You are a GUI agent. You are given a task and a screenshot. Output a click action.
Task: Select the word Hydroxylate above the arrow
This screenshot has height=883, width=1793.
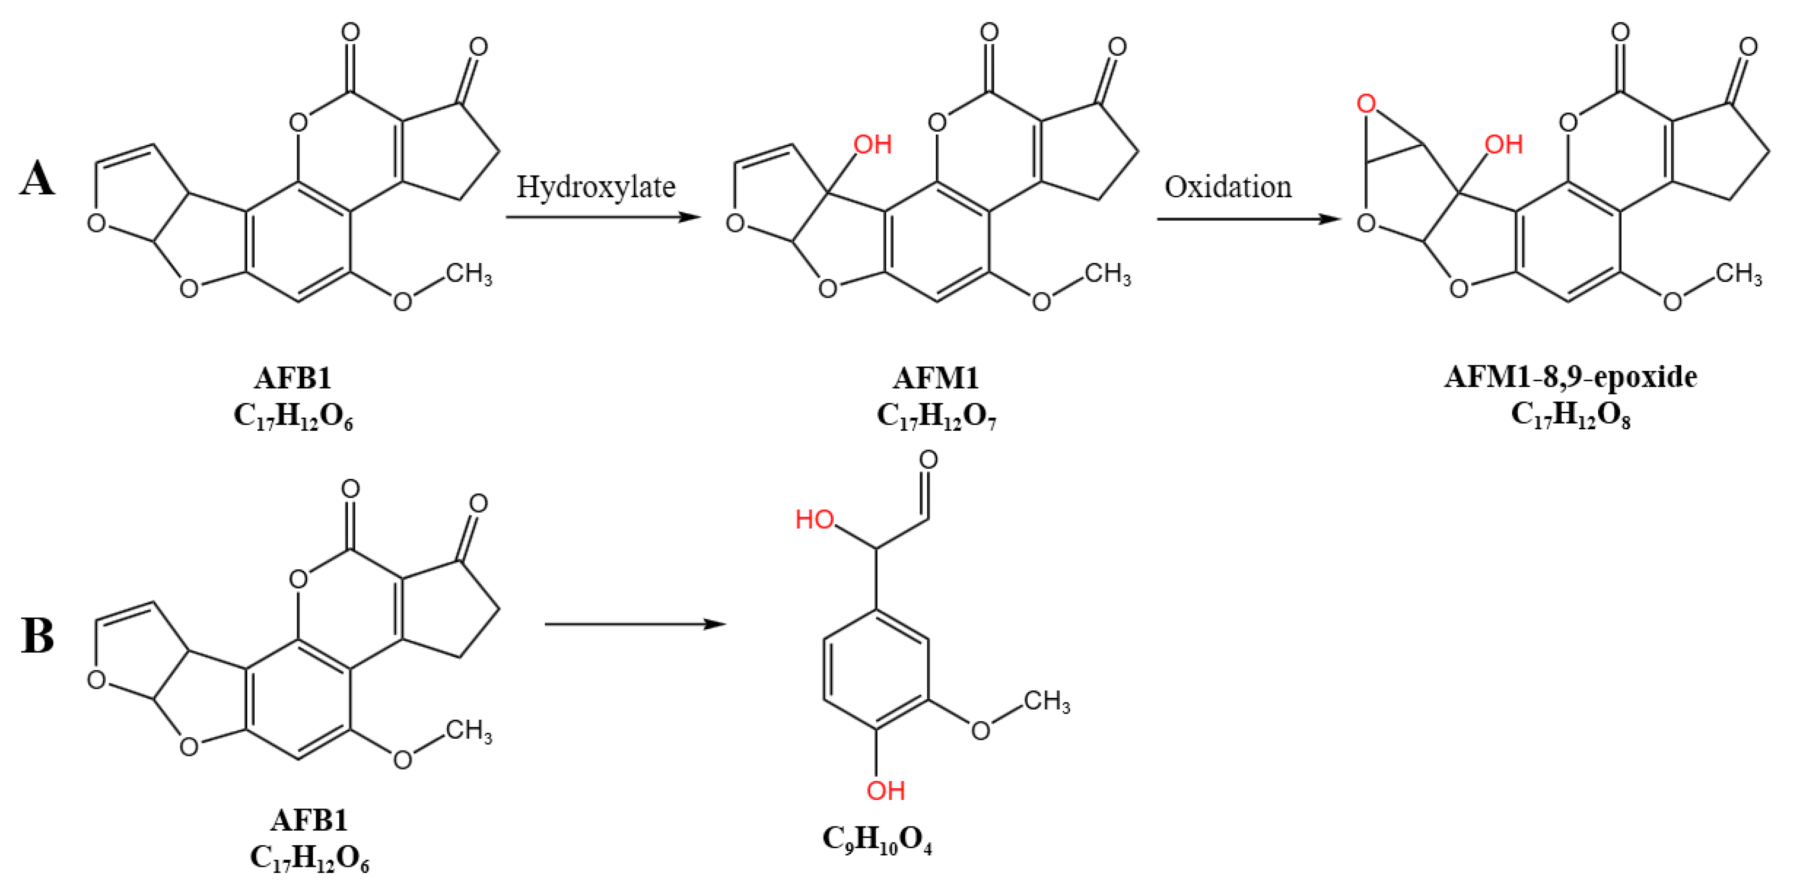(596, 187)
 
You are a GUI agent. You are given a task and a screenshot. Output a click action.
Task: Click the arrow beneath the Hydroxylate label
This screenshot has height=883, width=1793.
(603, 217)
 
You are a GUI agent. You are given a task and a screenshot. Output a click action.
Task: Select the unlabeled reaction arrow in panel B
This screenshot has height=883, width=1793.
(635, 624)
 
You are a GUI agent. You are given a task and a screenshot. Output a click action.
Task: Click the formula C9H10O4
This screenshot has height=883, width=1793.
(877, 840)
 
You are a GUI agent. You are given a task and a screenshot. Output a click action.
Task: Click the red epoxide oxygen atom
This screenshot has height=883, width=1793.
(1366, 104)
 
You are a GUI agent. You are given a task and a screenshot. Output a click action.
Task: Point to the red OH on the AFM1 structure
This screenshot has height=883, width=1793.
(873, 145)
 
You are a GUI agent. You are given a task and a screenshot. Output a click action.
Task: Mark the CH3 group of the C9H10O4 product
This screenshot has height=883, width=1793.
(1046, 701)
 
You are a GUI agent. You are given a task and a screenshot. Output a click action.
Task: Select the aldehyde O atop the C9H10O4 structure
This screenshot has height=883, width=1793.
(928, 459)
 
